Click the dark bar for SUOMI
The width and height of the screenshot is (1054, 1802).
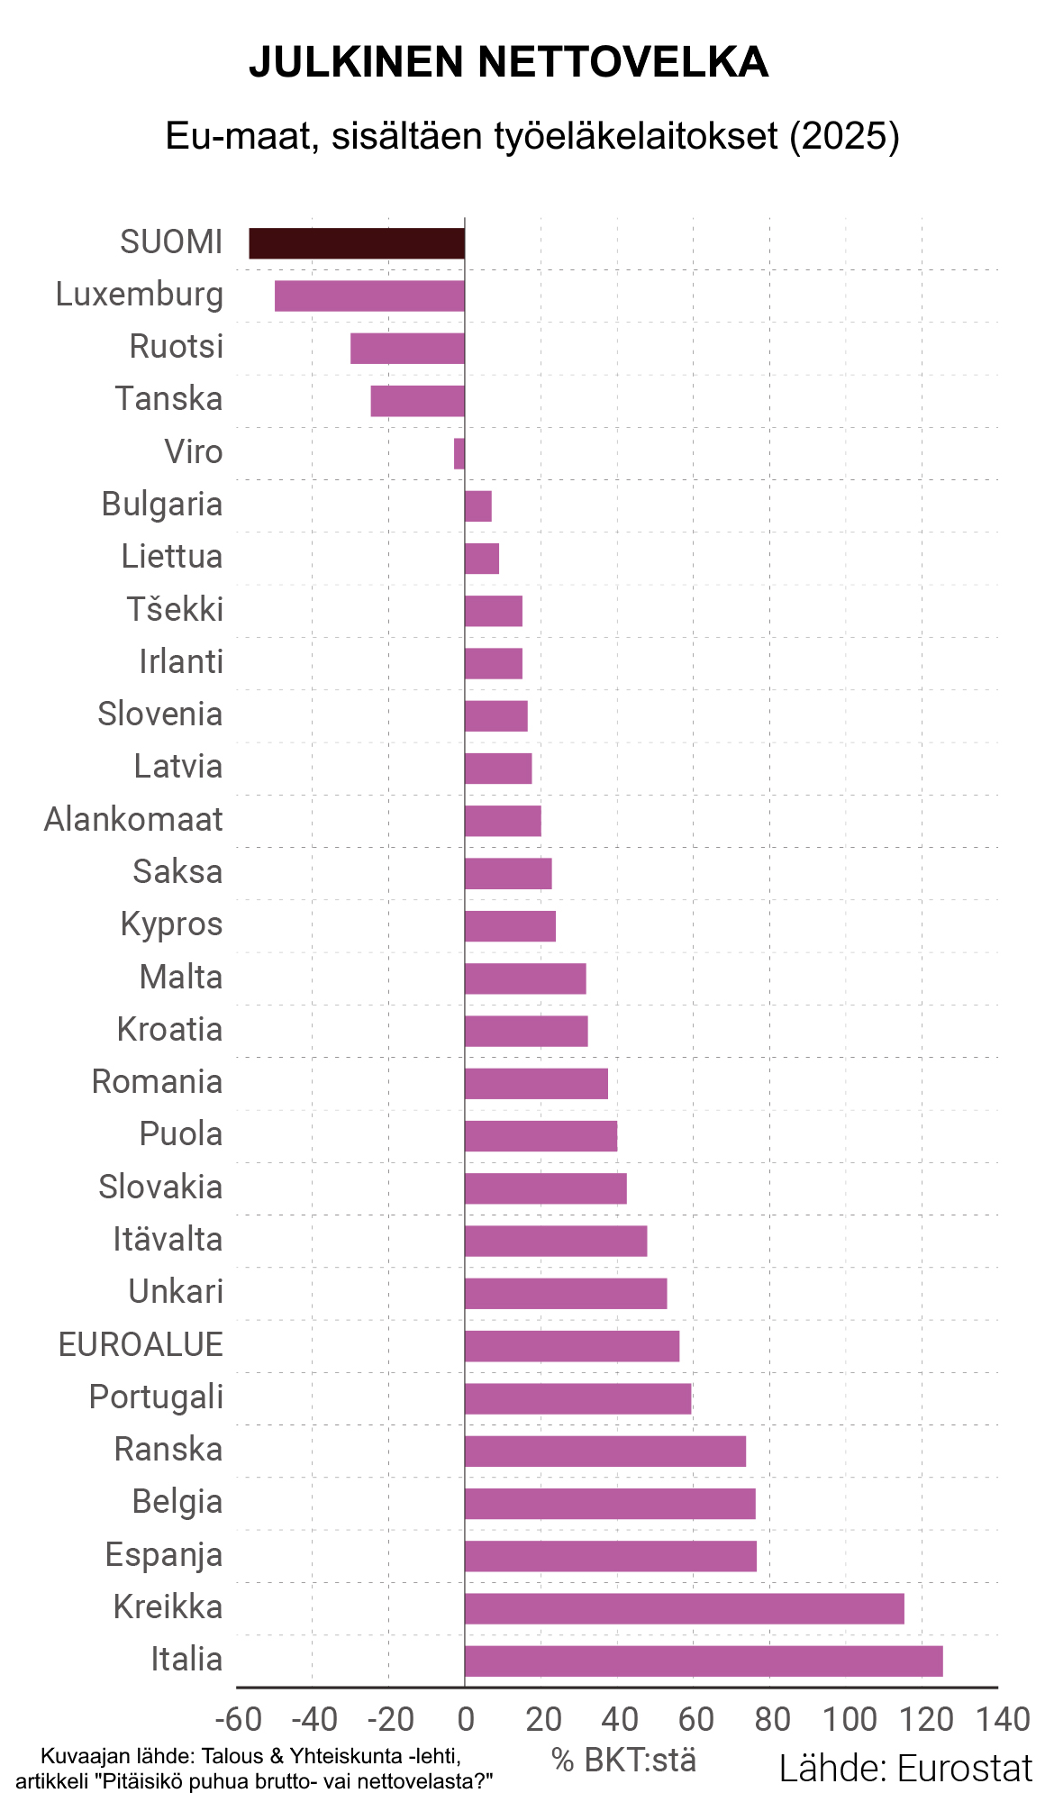point(357,243)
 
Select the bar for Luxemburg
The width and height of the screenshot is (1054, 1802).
point(369,296)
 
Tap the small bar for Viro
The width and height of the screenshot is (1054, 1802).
point(459,453)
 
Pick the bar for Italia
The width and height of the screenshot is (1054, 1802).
point(703,1661)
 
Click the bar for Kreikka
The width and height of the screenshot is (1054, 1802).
point(684,1608)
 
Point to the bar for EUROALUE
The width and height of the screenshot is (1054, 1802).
point(572,1346)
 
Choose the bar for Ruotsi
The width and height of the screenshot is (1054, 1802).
point(407,349)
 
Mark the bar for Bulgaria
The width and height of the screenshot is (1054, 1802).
point(478,505)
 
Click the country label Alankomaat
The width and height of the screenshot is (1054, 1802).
point(133,820)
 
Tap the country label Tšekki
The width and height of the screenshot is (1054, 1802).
point(175,610)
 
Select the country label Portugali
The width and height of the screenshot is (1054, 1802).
point(156,1397)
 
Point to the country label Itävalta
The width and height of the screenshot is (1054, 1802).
point(168,1240)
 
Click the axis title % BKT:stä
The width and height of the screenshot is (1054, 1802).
point(623,1760)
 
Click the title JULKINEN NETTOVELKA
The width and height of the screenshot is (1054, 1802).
point(508,62)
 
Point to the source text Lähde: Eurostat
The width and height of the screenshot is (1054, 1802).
point(905,1769)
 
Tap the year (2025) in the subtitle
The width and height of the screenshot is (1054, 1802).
point(844,136)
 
